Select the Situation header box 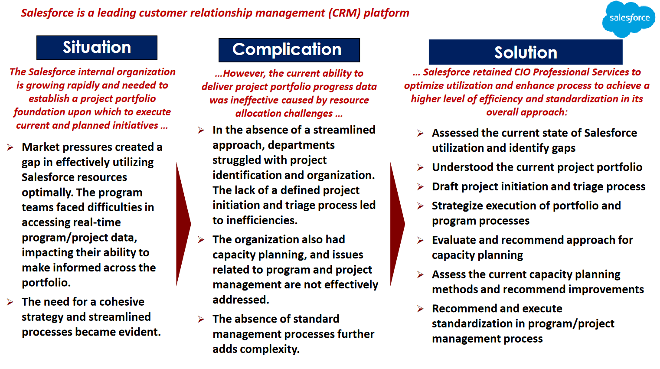(97, 48)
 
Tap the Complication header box (289, 50)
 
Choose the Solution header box (525, 52)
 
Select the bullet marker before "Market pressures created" (10, 147)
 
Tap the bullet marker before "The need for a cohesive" (10, 302)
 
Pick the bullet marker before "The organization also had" (201, 240)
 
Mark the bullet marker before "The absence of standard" (201, 319)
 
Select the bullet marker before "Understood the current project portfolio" (421, 167)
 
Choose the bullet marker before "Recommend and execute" (421, 309)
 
